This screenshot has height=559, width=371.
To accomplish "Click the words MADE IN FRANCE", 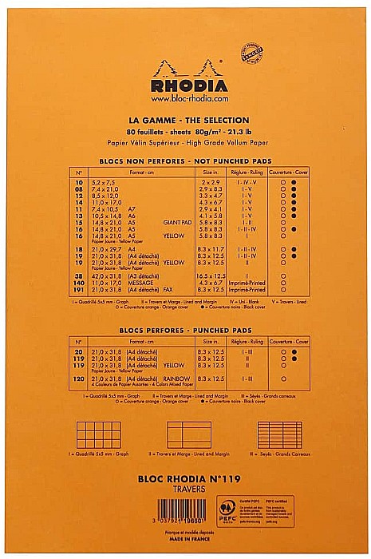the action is coord(185,549).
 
